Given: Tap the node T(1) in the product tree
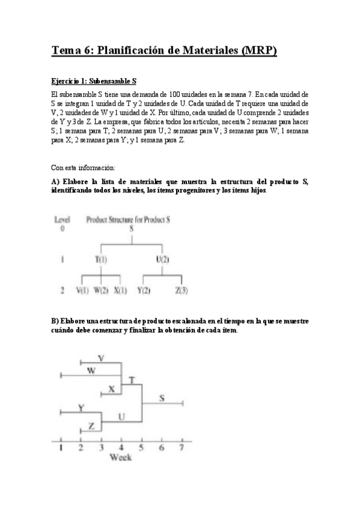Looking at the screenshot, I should point(101,260).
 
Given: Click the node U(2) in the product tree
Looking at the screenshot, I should point(161,260).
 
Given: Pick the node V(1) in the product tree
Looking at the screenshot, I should point(82,290).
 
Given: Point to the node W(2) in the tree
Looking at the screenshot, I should point(101,290).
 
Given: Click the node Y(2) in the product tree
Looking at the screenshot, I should point(143,290).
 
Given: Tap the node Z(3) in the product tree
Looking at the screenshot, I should point(182,290).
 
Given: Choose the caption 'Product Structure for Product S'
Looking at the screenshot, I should point(128,219).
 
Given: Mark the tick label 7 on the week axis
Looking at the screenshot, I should point(181,447).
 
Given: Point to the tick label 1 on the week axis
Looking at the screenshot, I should point(61,447).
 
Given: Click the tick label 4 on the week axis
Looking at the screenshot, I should point(121,447).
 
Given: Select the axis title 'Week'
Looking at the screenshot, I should point(121,457).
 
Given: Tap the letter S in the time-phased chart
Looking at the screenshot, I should point(162,398).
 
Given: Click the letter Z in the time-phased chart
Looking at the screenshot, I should point(91,426).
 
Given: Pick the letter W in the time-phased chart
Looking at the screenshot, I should point(91,370).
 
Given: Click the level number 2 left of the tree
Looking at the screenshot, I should point(63,290).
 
